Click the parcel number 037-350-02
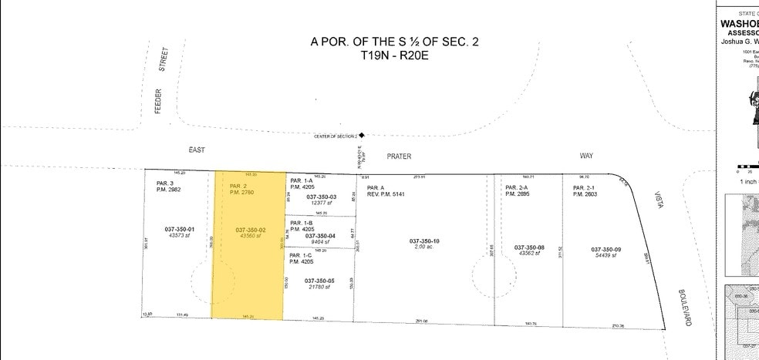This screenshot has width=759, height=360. tap(251, 229)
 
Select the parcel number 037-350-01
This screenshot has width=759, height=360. tap(179, 229)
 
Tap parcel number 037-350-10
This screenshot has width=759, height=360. tap(424, 241)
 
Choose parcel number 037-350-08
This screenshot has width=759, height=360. tap(529, 247)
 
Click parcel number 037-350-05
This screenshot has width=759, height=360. tap(320, 281)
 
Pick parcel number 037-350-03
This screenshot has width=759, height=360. tap(321, 197)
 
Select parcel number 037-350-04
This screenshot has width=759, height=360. tap(320, 235)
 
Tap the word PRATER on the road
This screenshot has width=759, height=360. tap(399, 156)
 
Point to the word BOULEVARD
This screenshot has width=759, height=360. tap(684, 308)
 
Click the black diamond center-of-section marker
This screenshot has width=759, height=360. tap(361, 135)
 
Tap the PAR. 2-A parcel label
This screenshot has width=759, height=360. tap(516, 188)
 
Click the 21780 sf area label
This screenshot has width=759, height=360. tap(321, 287)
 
